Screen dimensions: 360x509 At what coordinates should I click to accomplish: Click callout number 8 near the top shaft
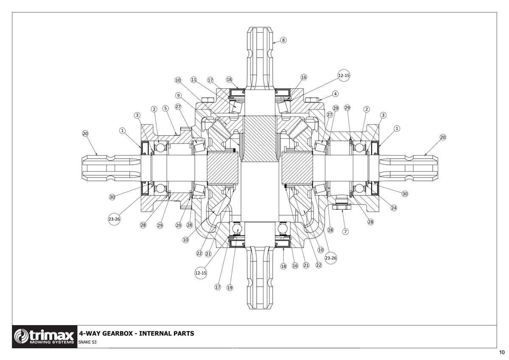[283, 40]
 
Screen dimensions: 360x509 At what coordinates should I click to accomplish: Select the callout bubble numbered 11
[193, 80]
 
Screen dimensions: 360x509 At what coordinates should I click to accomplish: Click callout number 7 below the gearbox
[345, 232]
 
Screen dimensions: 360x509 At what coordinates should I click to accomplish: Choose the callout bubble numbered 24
[394, 208]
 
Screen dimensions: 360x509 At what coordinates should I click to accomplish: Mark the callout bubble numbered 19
[230, 287]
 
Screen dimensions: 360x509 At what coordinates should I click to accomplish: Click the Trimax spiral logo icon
[21, 336]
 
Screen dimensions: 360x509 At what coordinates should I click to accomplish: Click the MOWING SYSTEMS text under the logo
[51, 342]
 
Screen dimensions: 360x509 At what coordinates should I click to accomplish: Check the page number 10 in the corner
[502, 352]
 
